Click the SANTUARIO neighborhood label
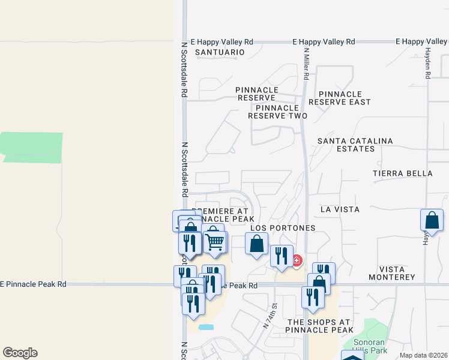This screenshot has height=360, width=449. click(220, 52)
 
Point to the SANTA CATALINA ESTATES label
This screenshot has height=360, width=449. click(355, 145)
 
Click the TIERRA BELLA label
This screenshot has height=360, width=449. click(402, 173)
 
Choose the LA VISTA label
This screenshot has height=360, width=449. click(340, 209)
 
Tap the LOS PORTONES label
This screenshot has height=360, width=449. click(283, 229)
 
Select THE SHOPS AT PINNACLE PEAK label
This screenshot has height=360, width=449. click(319, 326)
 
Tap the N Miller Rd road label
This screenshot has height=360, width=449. click(306, 64)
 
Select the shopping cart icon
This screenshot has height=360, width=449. click(215, 242)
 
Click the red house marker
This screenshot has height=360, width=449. click(297, 260)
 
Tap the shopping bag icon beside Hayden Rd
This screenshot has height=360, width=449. click(432, 221)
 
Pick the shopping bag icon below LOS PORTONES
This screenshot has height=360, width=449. click(257, 245)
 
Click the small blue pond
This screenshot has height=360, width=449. click(205, 328)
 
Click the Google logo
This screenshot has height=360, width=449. click(20, 353)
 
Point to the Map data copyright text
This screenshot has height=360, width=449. click(423, 355)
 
